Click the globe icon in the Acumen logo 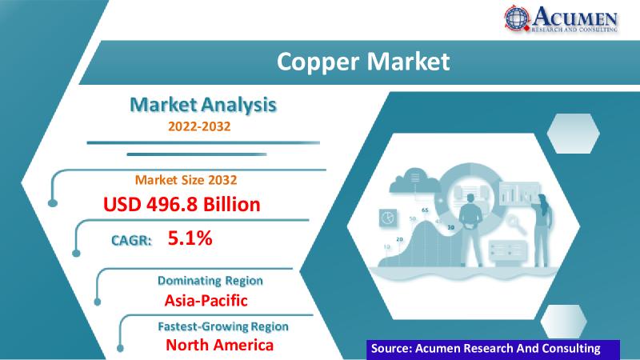tap(517, 18)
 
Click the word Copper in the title tap(318, 62)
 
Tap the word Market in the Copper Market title tap(408, 62)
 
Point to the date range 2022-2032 tap(199, 126)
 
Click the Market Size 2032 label tap(186, 180)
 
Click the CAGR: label tap(131, 240)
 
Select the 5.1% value tap(190, 238)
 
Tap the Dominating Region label tap(210, 281)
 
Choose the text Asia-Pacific tap(206, 301)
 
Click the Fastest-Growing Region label tap(223, 326)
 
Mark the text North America tap(219, 345)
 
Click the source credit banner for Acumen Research tap(493, 350)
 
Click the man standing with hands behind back tap(470, 230)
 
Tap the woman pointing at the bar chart tap(542, 230)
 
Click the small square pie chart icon tap(387, 218)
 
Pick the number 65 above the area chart tap(425, 210)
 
